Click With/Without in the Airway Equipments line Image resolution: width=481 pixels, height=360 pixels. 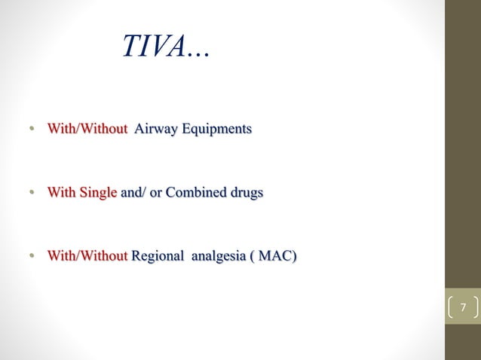pos(87,130)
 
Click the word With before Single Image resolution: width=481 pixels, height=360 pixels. pos(60,193)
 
